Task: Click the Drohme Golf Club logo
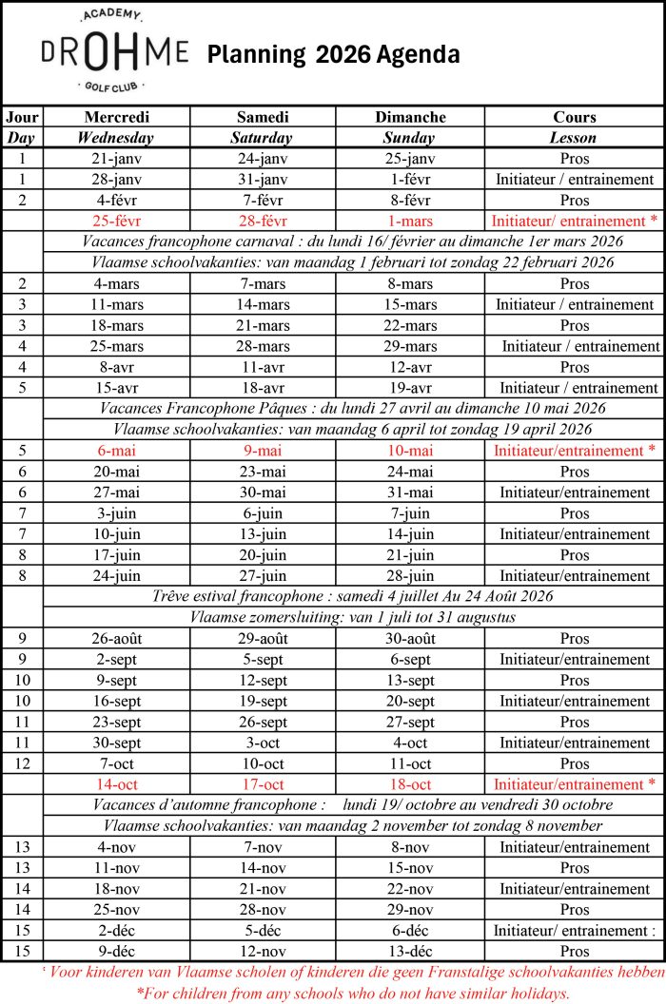pos(114,52)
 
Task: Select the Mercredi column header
pos(117,117)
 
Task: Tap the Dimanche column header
pos(410,117)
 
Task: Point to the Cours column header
pos(574,117)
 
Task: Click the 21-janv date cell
pos(117,159)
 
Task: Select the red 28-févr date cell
pos(263,222)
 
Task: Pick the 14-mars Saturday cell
pos(263,305)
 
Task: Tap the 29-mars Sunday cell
pos(410,346)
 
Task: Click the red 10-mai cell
pos(410,451)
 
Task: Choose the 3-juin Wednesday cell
pos(117,513)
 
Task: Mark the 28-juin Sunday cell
pos(410,576)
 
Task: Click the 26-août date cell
pos(117,639)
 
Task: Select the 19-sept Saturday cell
pos(263,702)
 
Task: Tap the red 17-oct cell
pos(263,785)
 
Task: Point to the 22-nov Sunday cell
pos(410,889)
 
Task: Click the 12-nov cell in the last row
pos(263,951)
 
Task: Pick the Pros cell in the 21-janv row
pos(574,159)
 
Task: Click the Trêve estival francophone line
pos(353,597)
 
